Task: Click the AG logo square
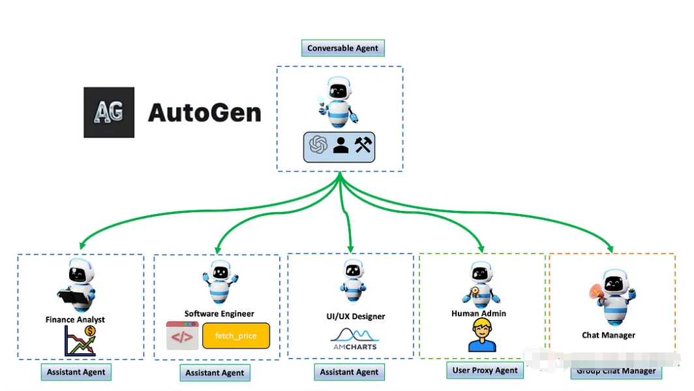click(x=109, y=112)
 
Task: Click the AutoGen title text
click(x=204, y=113)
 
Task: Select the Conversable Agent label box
click(x=343, y=48)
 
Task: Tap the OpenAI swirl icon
click(x=318, y=145)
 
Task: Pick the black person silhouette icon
click(x=340, y=145)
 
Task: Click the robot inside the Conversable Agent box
click(x=339, y=102)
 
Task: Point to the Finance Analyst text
click(x=75, y=320)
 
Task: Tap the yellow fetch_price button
click(x=235, y=336)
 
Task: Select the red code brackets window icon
click(x=182, y=336)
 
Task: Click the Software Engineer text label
click(x=219, y=314)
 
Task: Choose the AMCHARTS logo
click(x=354, y=339)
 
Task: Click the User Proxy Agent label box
click(x=485, y=370)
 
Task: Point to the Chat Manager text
click(x=609, y=336)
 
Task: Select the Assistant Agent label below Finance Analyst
click(x=76, y=372)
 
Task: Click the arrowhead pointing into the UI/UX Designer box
click(x=351, y=249)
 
